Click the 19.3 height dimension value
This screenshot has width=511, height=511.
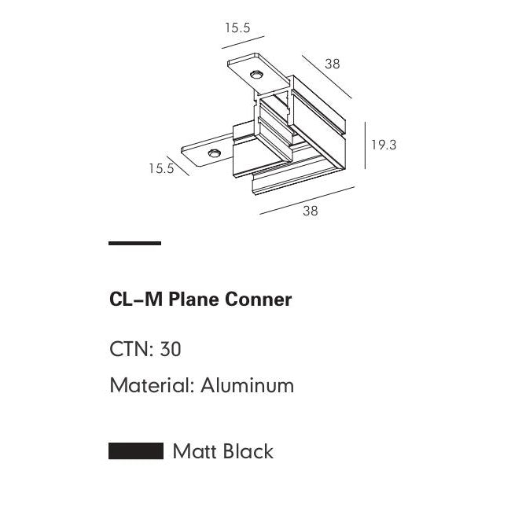point(384,145)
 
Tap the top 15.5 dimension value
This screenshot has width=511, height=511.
point(237,28)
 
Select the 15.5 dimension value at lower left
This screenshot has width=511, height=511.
point(161,168)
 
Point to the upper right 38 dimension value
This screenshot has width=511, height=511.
point(333,64)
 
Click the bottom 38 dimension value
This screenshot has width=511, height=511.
point(311,211)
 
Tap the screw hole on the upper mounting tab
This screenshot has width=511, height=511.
point(257,75)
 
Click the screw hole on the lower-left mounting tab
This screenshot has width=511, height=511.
point(214,153)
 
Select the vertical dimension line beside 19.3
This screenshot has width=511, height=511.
point(365,145)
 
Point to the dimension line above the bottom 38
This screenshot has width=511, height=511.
point(307,200)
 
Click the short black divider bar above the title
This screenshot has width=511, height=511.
point(135,243)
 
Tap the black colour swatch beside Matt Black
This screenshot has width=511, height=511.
point(136,451)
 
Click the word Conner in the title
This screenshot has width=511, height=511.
point(258,300)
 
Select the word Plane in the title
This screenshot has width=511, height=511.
point(194,300)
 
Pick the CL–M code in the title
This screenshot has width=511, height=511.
point(136,300)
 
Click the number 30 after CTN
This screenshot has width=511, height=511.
point(171,349)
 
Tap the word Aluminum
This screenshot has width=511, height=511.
point(248,385)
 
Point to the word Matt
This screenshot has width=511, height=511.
point(195,451)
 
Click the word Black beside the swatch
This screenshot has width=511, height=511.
point(248,451)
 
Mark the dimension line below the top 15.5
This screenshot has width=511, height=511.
point(243,42)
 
